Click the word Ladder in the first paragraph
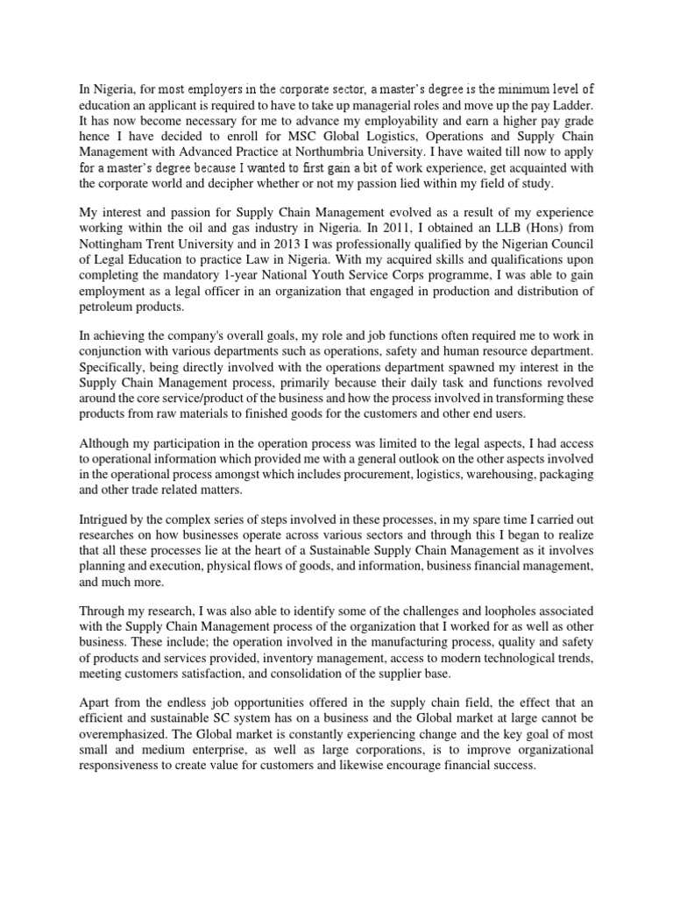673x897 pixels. (570, 120)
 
